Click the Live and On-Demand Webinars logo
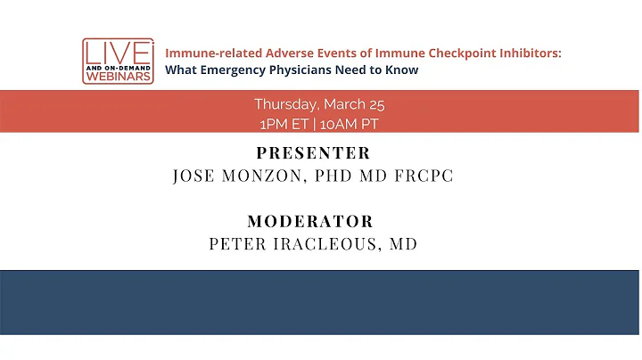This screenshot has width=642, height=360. [x=118, y=61]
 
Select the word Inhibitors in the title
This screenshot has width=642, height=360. [x=528, y=53]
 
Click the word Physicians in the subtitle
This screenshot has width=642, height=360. [x=299, y=70]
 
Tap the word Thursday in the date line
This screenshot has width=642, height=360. [x=284, y=105]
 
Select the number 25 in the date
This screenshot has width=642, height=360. [x=374, y=105]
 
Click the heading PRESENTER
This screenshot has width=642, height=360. [x=313, y=153]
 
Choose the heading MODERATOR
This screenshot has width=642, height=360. [x=310, y=221]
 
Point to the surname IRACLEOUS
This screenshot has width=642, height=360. [x=322, y=243]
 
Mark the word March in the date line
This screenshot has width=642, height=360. [x=342, y=105]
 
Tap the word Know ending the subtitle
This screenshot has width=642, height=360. [x=400, y=70]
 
